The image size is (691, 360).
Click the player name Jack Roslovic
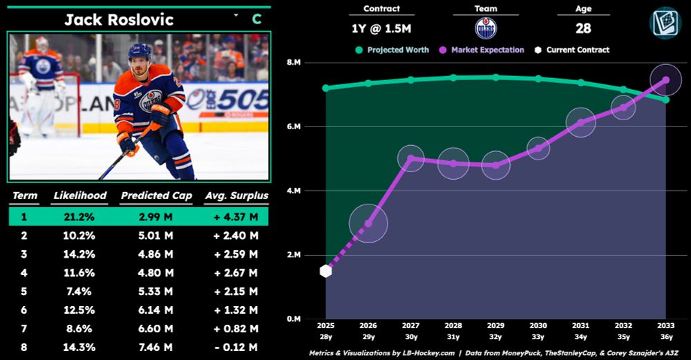tap(119, 19)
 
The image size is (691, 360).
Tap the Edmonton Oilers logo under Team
tap(486, 28)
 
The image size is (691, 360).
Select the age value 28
tap(583, 28)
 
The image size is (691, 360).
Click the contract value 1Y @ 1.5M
tap(381, 28)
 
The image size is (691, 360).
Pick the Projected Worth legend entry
tap(392, 50)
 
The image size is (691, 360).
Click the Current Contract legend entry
tap(573, 50)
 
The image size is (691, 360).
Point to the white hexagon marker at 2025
tap(326, 271)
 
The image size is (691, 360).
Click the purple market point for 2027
tap(411, 158)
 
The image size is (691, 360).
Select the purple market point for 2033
tap(665, 80)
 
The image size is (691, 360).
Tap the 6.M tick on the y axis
tap(294, 127)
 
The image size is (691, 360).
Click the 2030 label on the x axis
tap(538, 324)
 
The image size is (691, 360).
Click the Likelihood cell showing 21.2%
tap(80, 216)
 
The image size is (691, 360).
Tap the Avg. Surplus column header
tap(236, 196)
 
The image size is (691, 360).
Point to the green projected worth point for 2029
tap(495, 77)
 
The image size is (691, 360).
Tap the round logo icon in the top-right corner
tap(665, 22)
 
